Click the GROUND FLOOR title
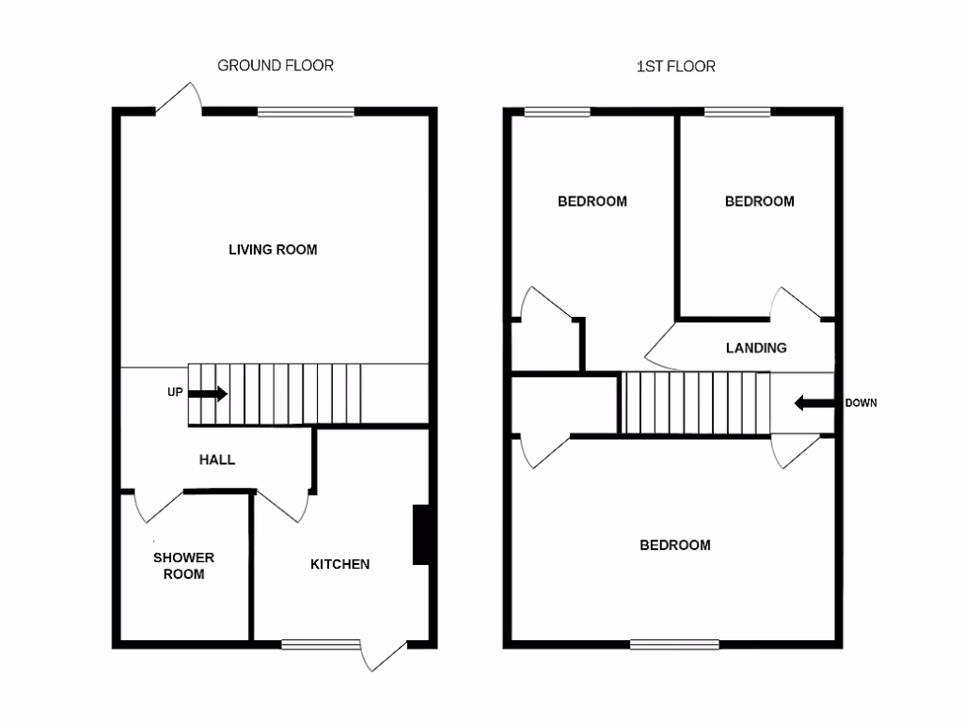[x=276, y=66]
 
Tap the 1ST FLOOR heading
[x=675, y=66]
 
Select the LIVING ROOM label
[x=273, y=250]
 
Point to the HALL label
[x=216, y=460]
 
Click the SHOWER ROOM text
[x=184, y=565]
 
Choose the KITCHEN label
[x=340, y=564]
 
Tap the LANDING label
[x=756, y=348]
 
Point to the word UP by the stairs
[x=175, y=393]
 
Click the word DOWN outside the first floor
[x=860, y=403]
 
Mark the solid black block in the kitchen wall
[x=421, y=535]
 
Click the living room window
[x=307, y=112]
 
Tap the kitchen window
[x=321, y=644]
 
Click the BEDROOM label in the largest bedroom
[x=675, y=545]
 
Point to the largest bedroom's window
[x=674, y=644]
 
